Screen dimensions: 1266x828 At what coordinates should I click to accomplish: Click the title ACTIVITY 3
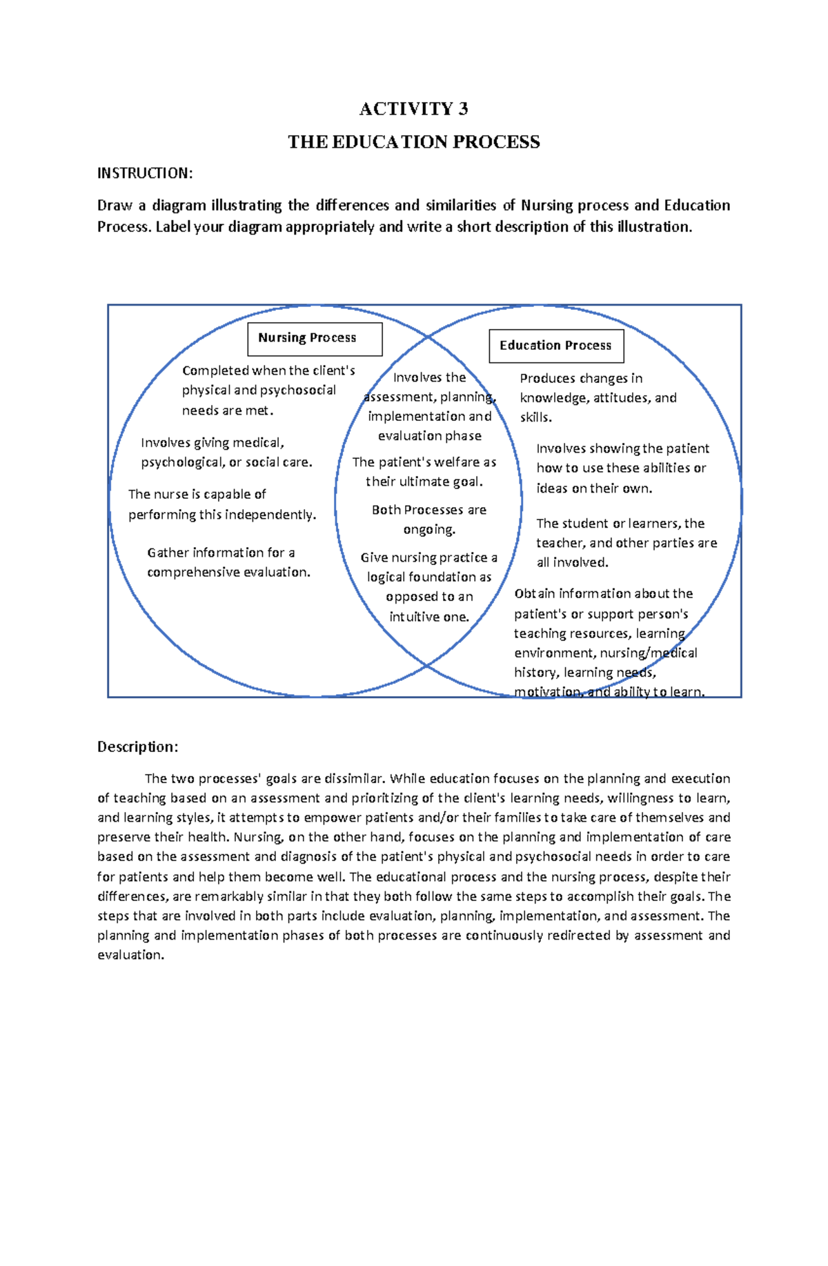pyautogui.click(x=413, y=109)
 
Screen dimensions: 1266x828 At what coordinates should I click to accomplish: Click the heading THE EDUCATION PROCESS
pyautogui.click(x=413, y=142)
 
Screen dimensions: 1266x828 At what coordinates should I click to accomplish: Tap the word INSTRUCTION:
pyautogui.click(x=144, y=173)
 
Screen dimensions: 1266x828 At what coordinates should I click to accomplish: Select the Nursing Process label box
pyautogui.click(x=315, y=339)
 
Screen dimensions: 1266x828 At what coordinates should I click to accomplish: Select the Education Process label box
pyautogui.click(x=556, y=346)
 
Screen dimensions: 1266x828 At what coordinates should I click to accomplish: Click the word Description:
pyautogui.click(x=137, y=746)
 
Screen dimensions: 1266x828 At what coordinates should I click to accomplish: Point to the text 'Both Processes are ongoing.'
pyautogui.click(x=429, y=520)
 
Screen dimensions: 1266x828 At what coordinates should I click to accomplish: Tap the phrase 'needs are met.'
pyautogui.click(x=228, y=411)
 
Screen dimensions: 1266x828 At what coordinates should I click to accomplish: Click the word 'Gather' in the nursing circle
pyautogui.click(x=168, y=553)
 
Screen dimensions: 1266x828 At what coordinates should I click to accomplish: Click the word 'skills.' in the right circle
pyautogui.click(x=535, y=417)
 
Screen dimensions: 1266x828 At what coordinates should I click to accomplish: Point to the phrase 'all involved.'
pyautogui.click(x=573, y=562)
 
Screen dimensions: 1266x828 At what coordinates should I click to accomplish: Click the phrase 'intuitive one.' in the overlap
pyautogui.click(x=429, y=617)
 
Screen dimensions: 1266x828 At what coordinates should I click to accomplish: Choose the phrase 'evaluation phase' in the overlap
pyautogui.click(x=430, y=436)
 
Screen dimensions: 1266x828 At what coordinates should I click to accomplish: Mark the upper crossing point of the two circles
pyautogui.click(x=428, y=337)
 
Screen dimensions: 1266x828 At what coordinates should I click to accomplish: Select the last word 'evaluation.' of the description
pyautogui.click(x=130, y=956)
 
